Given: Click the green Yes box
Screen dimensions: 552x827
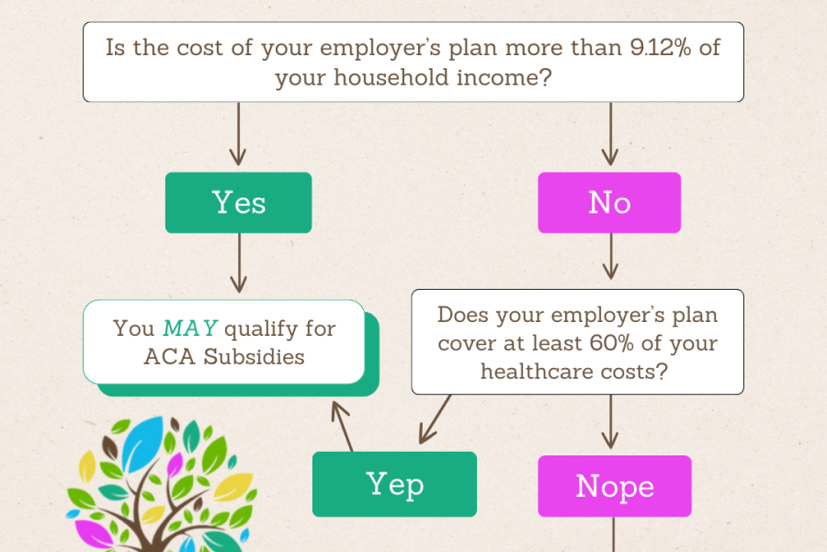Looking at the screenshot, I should pos(238,202).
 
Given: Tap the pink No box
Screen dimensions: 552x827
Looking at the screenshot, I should pos(609,202).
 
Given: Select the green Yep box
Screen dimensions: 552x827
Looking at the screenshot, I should pos(394,483).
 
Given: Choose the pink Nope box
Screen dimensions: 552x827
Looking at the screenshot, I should pos(614,485).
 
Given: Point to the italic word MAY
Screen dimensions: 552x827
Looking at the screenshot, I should pos(190,328).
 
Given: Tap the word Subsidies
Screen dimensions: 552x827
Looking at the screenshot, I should pos(253,357).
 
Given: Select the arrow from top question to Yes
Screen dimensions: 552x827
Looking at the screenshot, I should pos(238,134).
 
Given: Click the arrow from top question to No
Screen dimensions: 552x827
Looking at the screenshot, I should pos(609,134).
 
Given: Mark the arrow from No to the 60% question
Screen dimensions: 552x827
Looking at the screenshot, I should pos(609,257).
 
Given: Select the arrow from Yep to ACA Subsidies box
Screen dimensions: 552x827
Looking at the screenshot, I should pos(342,425).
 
